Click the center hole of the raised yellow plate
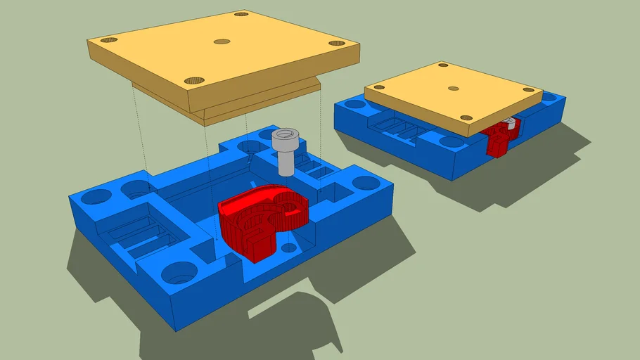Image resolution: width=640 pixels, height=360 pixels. (x=222, y=41)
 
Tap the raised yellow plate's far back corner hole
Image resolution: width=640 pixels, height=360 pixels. (x=241, y=14)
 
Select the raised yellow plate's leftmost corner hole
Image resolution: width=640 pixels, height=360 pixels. (x=108, y=41)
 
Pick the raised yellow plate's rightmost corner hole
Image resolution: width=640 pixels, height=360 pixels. (x=338, y=43)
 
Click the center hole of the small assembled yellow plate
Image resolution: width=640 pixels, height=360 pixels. (x=454, y=89)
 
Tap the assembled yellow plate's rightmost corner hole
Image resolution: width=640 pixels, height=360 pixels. (x=529, y=90)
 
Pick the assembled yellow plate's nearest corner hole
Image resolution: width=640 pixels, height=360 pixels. (x=466, y=117)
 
